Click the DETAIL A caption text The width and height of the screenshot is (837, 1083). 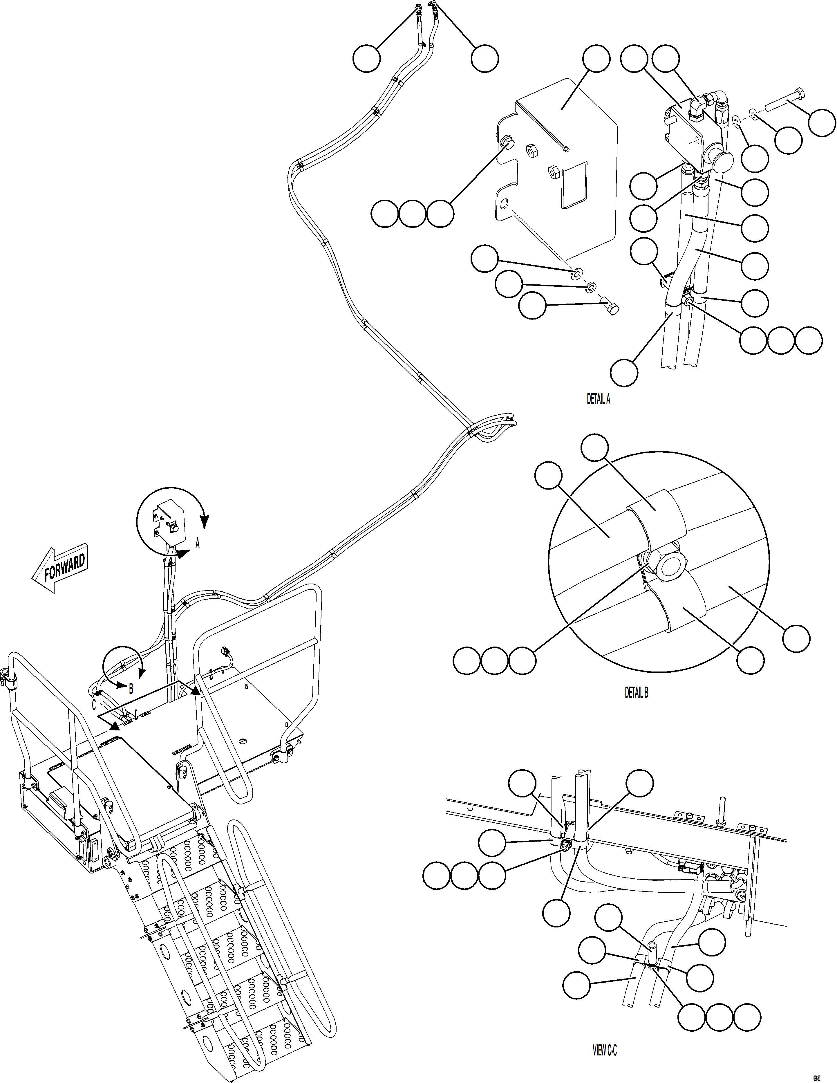click(599, 400)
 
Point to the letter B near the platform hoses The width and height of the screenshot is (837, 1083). click(131, 689)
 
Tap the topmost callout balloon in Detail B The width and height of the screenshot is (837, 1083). click(594, 448)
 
